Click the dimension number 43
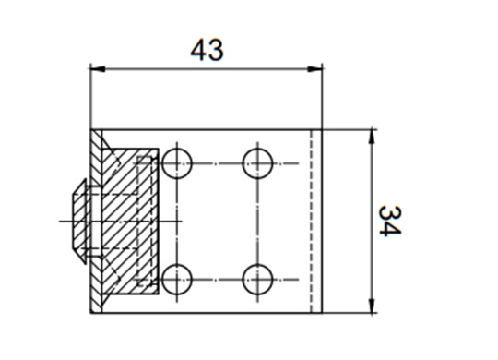207,50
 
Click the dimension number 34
390,221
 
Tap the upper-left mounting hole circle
177,163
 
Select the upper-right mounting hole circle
257,163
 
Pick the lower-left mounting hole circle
177,279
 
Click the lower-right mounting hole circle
257,279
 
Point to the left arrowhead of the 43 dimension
98,68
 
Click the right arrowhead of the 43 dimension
314,68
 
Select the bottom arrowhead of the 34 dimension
373,306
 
